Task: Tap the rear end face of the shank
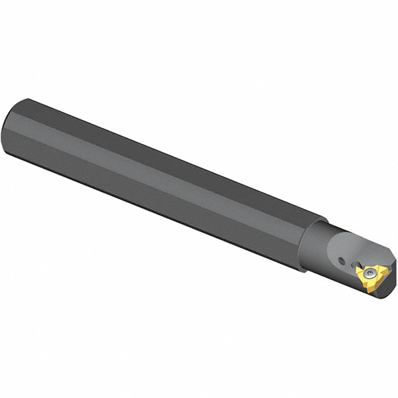coord(12,129)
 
